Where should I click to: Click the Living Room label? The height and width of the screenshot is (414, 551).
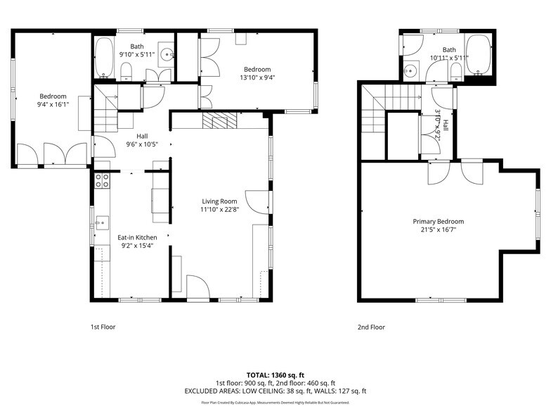219,201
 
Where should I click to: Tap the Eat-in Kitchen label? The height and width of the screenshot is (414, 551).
137,237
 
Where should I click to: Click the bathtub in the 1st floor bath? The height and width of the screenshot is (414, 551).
104,58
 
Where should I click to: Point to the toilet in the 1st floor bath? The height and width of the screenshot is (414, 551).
127,70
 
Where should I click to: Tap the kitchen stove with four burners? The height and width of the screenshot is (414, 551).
102,180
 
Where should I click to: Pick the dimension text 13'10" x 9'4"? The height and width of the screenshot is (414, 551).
257,77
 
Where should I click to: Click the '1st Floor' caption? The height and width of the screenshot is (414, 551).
103,327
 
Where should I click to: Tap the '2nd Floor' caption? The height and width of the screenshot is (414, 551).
371,327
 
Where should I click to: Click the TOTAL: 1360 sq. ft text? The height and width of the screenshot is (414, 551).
275,375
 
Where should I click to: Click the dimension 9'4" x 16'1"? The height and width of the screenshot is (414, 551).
53,105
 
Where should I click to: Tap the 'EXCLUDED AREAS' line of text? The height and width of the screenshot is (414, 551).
275,391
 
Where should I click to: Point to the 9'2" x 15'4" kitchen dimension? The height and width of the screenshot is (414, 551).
137,246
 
